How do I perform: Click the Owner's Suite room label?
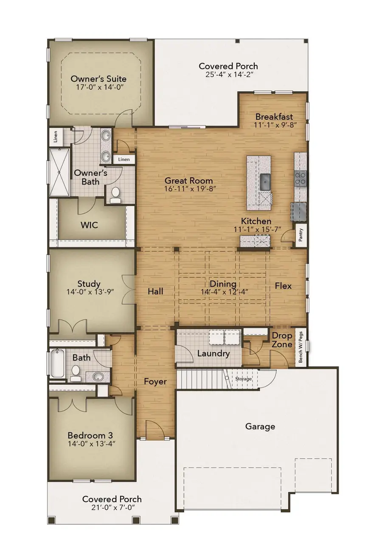98,79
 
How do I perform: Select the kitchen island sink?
266,182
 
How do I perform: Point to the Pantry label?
301,235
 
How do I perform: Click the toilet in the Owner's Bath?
115,195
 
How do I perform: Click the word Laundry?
213,353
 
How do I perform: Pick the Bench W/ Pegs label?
301,347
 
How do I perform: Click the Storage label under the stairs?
244,379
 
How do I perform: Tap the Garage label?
260,426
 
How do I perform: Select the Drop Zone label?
282,340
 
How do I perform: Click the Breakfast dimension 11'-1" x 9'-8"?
274,125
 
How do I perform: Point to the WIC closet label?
90,224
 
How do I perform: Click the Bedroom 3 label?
90,435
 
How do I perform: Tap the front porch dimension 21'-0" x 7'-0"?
112,507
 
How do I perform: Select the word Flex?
283,286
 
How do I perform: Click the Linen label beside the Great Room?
124,160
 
